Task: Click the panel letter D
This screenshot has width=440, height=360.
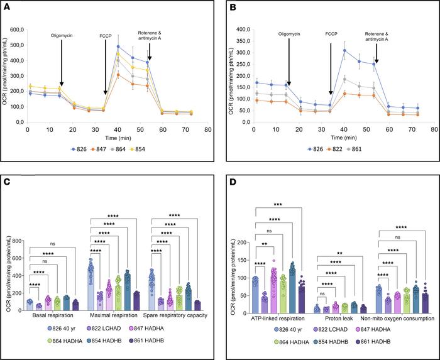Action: pyautogui.click(x=229, y=186)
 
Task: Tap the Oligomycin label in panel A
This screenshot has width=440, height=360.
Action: pyautogui.click(x=61, y=36)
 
